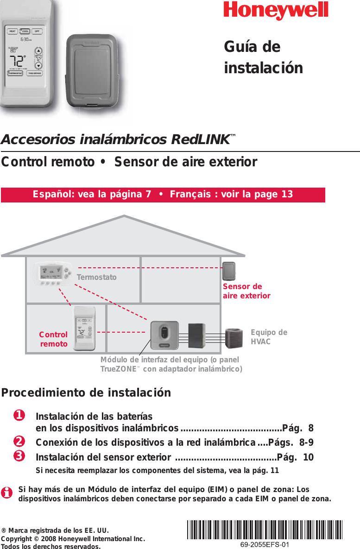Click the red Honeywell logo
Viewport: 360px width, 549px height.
pos(276,11)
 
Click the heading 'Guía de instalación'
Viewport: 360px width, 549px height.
pos(263,57)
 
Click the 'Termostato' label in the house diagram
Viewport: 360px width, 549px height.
pos(96,278)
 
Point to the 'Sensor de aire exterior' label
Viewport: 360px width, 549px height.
pos(246,291)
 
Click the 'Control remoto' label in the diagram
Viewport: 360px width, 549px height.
pos(53,339)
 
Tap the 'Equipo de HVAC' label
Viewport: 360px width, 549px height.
pos(269,337)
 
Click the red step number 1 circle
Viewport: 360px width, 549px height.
pos(19,416)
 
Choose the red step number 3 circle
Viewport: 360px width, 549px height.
pos(19,456)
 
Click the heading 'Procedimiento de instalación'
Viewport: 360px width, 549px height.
pos(86,393)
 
